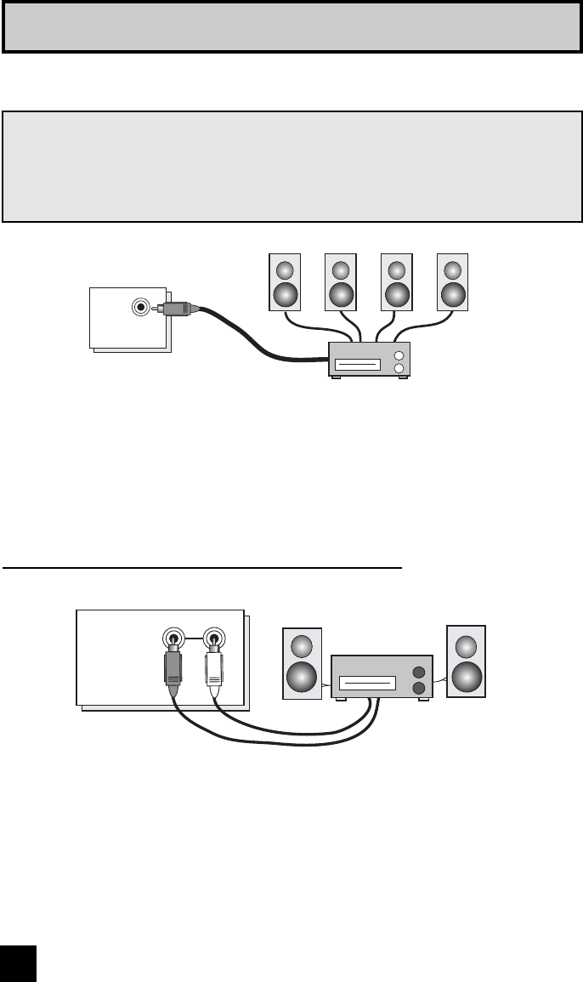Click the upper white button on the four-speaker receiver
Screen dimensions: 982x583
(399, 355)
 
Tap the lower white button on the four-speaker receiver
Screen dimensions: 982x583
(399, 368)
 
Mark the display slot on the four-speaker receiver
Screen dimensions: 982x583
(358, 366)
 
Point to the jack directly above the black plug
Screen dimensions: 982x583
(173, 636)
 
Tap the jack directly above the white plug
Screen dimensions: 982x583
(213, 636)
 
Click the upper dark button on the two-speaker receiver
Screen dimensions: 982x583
(417, 672)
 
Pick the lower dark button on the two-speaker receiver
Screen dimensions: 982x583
(417, 687)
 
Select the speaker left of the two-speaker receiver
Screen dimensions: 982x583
(302, 663)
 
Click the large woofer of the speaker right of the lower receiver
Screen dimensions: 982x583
(467, 675)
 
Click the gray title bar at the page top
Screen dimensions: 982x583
(291, 27)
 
